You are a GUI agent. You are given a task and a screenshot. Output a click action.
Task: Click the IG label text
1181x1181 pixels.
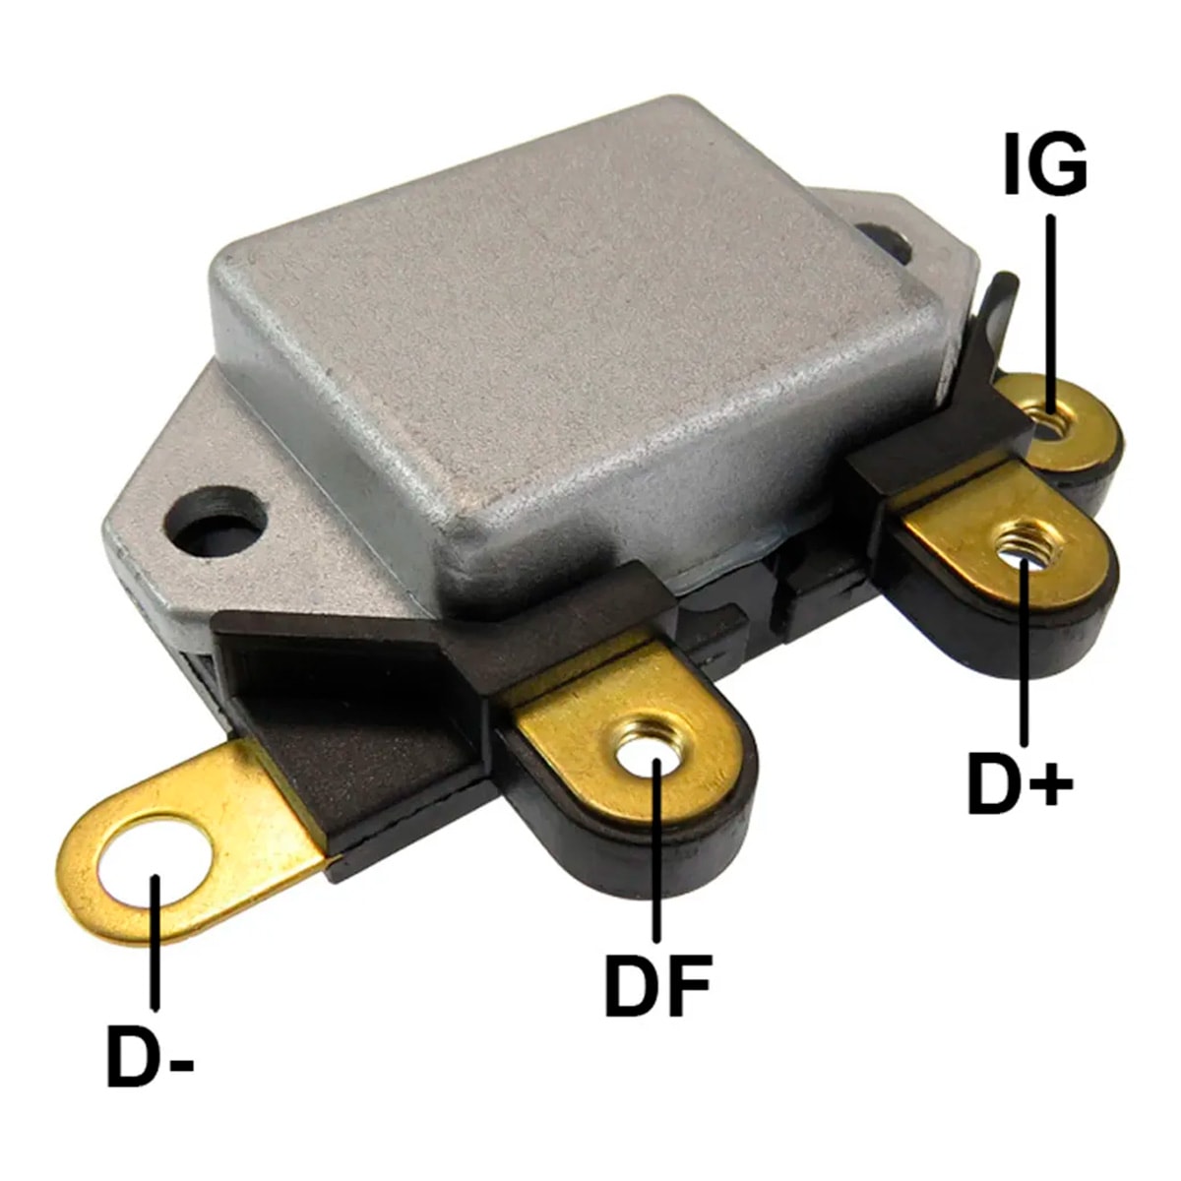[1045, 164]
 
